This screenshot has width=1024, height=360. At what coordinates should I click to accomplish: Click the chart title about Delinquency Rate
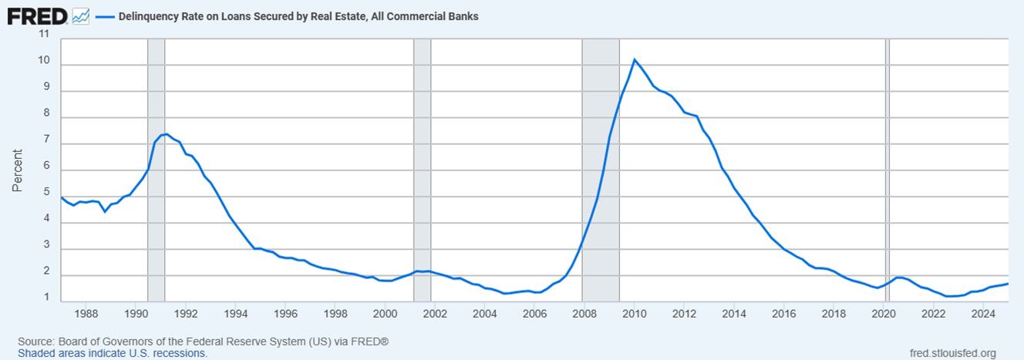click(x=298, y=15)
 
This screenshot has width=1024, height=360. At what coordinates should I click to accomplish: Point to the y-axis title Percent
click(x=18, y=170)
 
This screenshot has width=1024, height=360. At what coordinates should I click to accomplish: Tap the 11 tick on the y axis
click(x=43, y=35)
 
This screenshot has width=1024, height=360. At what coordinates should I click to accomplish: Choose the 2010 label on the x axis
click(x=634, y=314)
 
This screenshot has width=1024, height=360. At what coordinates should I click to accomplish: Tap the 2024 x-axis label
click(x=982, y=314)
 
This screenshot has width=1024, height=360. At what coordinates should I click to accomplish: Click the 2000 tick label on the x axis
click(x=385, y=314)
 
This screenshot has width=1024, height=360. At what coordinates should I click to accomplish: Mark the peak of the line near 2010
click(x=634, y=59)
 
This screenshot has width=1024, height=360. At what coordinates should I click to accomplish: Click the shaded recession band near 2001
click(x=422, y=170)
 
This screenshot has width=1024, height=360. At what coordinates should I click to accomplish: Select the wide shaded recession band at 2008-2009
click(x=601, y=170)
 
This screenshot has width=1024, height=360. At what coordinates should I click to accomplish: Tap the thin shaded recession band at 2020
click(x=887, y=170)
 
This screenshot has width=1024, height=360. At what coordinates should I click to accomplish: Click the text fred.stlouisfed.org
click(x=953, y=353)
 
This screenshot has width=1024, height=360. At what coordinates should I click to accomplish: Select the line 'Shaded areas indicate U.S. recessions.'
click(x=113, y=353)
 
